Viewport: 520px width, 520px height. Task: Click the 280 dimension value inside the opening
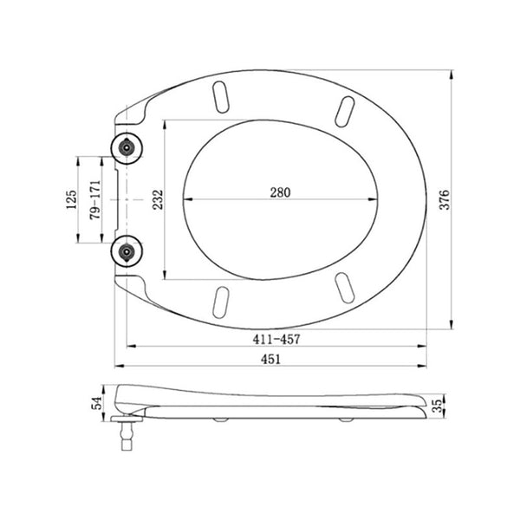coord(278,192)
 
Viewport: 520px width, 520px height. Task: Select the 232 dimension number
coord(156,199)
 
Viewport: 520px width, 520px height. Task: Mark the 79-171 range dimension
coord(95,200)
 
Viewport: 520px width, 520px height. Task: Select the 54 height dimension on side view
coord(98,401)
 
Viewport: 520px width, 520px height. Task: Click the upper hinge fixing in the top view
coord(127,148)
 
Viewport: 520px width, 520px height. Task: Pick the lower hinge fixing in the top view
coord(127,252)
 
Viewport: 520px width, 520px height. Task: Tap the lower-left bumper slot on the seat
coord(221,301)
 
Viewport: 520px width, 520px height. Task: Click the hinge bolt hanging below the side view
coord(127,433)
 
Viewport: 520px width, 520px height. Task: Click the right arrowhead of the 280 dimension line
coord(378,200)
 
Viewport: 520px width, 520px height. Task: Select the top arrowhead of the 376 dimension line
coord(453,73)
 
